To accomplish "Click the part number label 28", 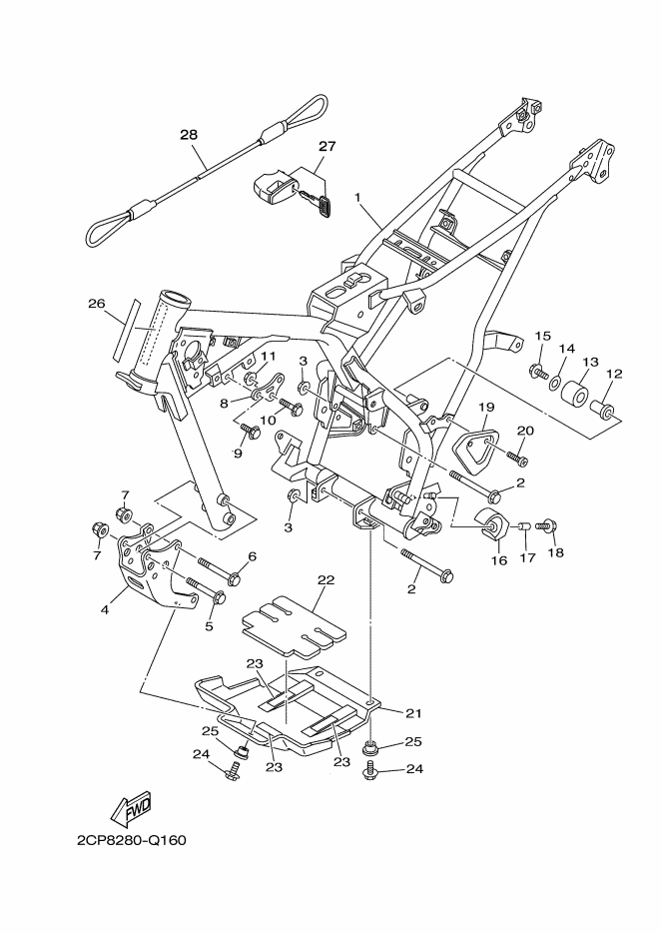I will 189,134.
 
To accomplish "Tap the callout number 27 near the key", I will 328,146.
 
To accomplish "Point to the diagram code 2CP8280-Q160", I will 130,839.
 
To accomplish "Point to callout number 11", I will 268,356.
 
